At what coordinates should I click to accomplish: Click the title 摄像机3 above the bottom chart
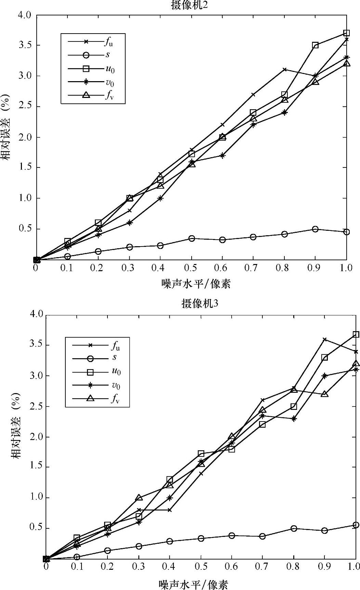(x=200, y=304)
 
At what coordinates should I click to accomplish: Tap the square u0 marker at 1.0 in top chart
(x=346, y=33)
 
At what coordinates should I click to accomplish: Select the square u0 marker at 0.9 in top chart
(x=315, y=45)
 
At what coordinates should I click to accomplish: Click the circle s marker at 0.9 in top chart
(x=315, y=229)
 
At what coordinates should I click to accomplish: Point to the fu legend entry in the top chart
(x=92, y=42)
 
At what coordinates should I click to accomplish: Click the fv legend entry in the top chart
(x=92, y=96)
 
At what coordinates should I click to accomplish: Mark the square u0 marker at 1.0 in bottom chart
(x=356, y=335)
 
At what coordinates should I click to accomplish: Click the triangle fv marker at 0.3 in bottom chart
(x=139, y=498)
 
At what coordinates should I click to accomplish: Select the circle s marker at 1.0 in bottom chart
(x=356, y=525)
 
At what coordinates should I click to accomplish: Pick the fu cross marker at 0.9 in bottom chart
(x=325, y=339)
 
